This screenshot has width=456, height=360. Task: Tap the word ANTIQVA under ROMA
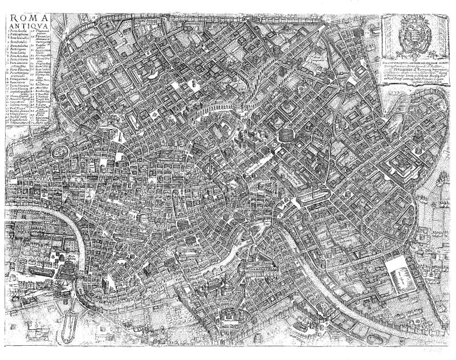[26, 26]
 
